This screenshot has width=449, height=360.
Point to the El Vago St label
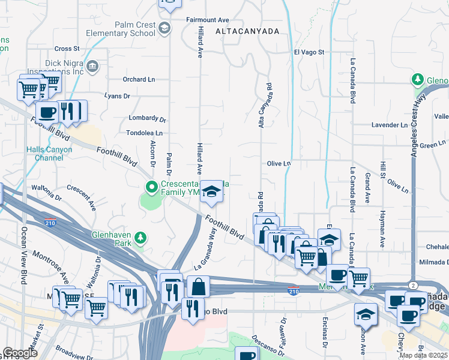[x=309, y=53]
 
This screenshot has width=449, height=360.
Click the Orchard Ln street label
[x=139, y=79]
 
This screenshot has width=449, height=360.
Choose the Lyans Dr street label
[x=117, y=95]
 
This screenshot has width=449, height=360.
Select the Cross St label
[x=67, y=49]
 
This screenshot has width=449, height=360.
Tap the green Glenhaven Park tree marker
[x=140, y=238]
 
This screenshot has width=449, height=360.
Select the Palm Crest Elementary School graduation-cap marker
[x=164, y=28]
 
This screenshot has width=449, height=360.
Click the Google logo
[x=20, y=353]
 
